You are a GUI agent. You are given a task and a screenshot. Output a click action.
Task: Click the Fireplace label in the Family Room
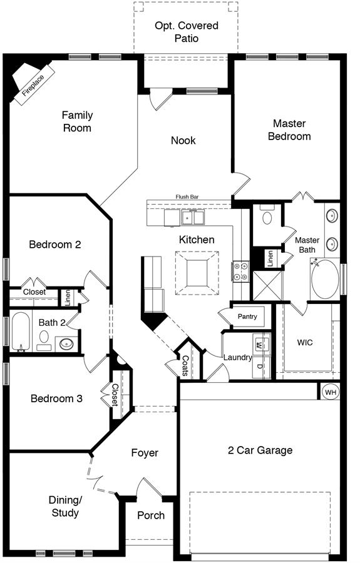tap(33, 86)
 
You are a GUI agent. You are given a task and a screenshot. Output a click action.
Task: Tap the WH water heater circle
tap(331, 392)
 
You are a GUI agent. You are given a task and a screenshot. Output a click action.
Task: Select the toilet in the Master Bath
tap(267, 215)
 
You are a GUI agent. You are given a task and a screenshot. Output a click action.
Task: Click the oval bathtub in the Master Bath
tap(325, 279)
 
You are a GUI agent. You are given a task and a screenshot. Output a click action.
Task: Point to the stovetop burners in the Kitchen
tap(240, 271)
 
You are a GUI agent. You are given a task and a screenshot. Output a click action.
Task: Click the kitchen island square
tap(197, 273)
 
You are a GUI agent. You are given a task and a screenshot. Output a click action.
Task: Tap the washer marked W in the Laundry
tap(260, 345)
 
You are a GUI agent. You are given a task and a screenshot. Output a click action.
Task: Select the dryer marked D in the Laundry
tap(261, 367)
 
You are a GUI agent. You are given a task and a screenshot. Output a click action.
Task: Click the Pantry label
tap(247, 317)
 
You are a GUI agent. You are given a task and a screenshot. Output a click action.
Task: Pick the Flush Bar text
tap(187, 197)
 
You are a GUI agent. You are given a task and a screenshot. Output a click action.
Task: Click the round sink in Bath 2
tap(66, 344)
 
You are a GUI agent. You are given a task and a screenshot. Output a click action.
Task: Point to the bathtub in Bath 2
tap(20, 332)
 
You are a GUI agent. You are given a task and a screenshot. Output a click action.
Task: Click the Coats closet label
tap(185, 365)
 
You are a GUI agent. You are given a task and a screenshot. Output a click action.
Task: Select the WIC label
tap(305, 342)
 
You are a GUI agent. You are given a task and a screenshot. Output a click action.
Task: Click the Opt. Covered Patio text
tap(187, 32)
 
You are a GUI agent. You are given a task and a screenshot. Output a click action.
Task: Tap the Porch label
tap(151, 515)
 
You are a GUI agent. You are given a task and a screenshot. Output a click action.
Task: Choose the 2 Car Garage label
tap(260, 450)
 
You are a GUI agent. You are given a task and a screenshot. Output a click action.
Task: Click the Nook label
tap(183, 140)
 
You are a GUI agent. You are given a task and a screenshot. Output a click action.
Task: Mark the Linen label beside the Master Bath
tap(270, 258)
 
